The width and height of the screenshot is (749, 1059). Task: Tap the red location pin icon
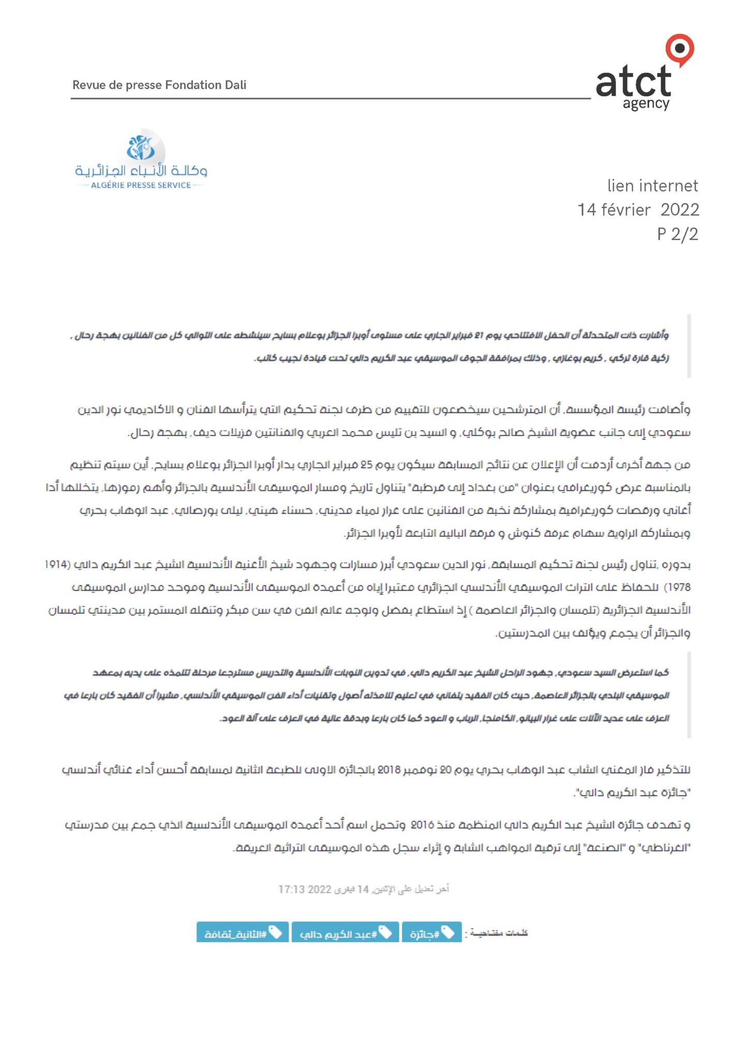[680, 50]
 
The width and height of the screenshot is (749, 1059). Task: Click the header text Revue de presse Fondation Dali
[159, 85]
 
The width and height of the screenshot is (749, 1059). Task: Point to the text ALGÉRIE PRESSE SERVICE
[141, 185]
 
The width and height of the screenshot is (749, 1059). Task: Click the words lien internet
[652, 186]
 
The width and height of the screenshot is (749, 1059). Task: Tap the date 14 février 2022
[638, 209]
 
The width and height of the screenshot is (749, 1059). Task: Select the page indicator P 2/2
[678, 234]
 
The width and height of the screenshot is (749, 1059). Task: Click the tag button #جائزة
[431, 933]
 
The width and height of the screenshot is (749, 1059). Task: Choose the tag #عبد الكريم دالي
[344, 933]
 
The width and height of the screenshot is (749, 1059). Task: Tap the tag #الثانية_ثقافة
[242, 933]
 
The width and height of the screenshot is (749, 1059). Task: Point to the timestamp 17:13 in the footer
[289, 889]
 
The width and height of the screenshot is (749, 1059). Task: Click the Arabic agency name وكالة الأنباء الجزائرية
[141, 171]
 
